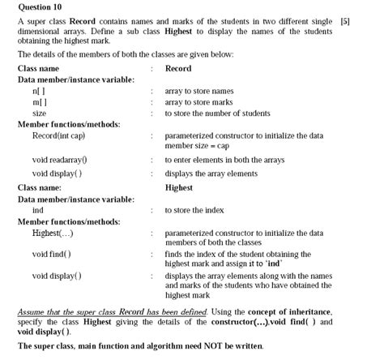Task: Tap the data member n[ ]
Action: (39, 92)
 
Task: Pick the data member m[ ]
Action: (40, 103)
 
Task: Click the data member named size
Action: (39, 114)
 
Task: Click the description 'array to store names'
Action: (200, 92)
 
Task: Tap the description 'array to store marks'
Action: (200, 103)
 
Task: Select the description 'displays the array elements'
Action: (211, 173)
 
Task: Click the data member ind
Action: (37, 210)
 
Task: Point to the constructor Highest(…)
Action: (53, 234)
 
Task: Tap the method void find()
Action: (51, 254)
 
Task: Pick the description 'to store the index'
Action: (194, 210)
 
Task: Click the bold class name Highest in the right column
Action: (179, 186)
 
